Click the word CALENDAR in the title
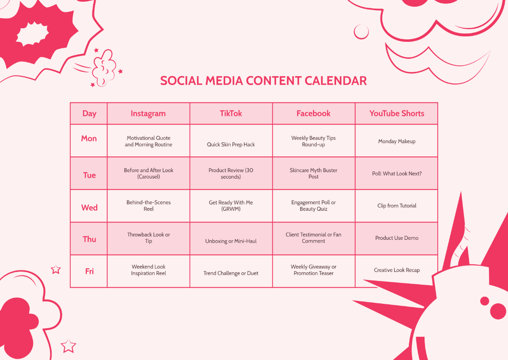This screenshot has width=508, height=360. point(335,81)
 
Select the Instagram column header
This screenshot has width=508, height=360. point(148,113)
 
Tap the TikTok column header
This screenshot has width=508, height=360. point(231,113)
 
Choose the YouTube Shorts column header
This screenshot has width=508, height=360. point(397,113)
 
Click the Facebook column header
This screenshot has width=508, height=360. point(313,113)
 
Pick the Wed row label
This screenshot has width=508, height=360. point(89,208)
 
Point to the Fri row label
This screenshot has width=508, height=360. point(89,271)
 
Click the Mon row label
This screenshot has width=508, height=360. point(89,138)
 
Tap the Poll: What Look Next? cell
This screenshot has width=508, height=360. point(397,173)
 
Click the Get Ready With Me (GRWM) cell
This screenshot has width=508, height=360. point(231,206)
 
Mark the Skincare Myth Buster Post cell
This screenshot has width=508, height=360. point(313,173)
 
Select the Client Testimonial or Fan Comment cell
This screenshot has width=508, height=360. point(313,238)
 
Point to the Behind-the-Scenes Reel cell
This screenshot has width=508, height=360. point(149,206)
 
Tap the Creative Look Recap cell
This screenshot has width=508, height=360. point(397,270)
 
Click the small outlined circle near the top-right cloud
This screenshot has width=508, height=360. point(361,25)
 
